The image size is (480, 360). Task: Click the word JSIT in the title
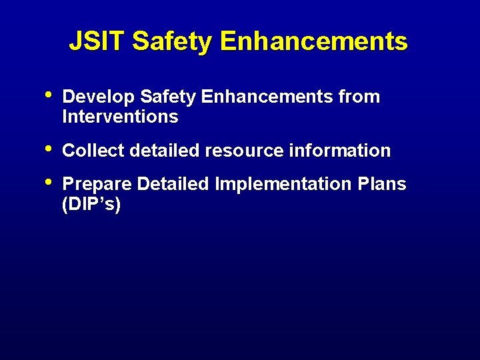[97, 42]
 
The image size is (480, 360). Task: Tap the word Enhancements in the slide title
[313, 42]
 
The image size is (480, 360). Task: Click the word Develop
[98, 97]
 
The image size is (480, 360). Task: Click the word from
[359, 97]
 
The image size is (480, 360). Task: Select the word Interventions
[120, 117]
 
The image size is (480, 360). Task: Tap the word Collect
[93, 151]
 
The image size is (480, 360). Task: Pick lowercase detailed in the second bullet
[165, 151]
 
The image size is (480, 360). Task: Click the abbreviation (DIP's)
[91, 205]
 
